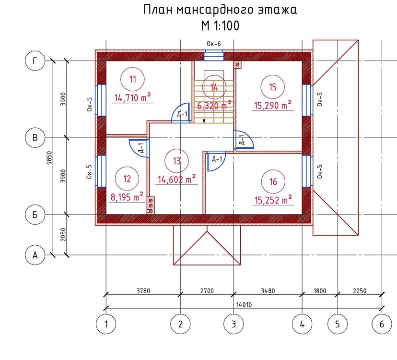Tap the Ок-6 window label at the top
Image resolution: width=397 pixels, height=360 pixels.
(x=213, y=44)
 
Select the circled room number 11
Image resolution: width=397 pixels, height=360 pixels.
(x=133, y=80)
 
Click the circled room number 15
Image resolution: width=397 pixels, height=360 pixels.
(x=273, y=87)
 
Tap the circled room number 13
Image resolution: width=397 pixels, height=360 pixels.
(x=177, y=161)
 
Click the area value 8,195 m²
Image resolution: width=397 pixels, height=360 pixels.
(x=127, y=196)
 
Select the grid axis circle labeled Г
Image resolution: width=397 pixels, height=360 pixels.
(x=35, y=61)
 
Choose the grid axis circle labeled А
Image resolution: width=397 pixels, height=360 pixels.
(x=35, y=255)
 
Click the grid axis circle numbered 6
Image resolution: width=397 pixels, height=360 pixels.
(x=382, y=324)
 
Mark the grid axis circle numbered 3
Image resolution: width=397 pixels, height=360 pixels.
(x=234, y=324)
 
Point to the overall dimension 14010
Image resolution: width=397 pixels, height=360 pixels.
(x=244, y=304)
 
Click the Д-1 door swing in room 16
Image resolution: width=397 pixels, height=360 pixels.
(x=214, y=162)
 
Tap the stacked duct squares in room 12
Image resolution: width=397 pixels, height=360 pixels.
(x=151, y=205)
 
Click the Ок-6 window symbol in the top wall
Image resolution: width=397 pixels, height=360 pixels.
(x=214, y=56)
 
